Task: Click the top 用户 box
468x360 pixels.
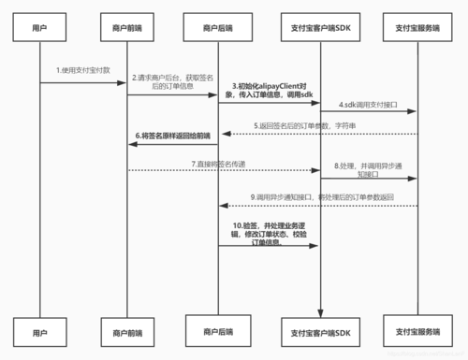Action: (39, 28)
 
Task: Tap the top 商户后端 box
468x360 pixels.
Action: (218, 28)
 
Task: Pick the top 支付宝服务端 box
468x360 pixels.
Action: (417, 28)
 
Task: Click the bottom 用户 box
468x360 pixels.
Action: (39, 332)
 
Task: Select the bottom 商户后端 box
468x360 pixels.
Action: (218, 329)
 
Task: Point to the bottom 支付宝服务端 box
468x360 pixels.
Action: (417, 332)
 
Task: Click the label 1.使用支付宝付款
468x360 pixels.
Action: (82, 71)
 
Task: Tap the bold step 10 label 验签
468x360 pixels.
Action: (271, 234)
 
